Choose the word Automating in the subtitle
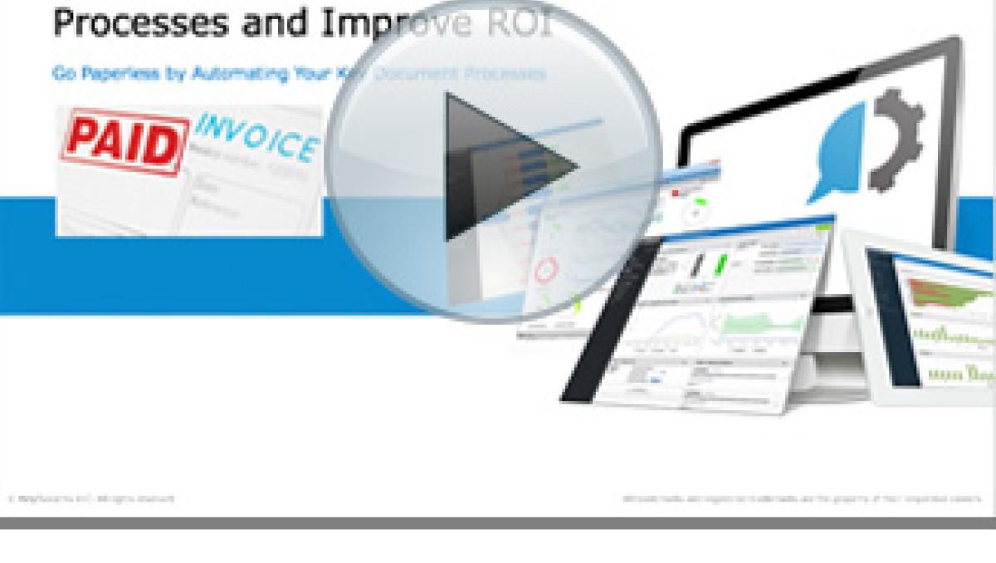233,74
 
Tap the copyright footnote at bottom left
91,499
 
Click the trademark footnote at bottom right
801,499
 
